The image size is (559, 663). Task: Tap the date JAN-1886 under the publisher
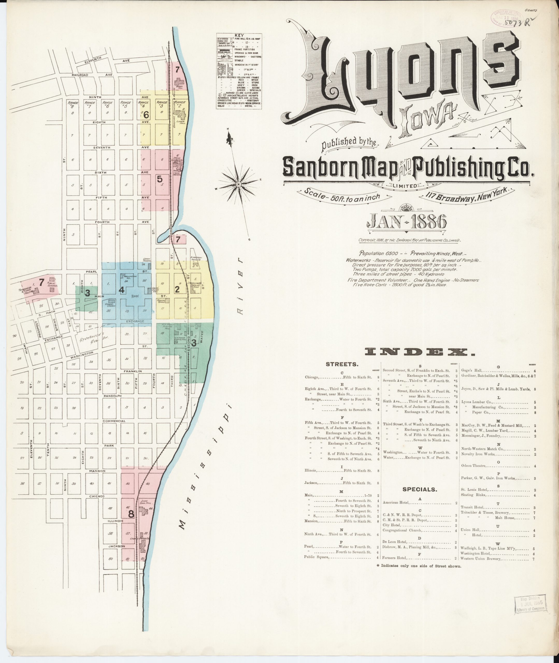point(407,222)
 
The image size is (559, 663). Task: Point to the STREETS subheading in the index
point(342,365)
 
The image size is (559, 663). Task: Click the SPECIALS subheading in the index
point(420,489)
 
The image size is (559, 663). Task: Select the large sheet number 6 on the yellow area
point(146,115)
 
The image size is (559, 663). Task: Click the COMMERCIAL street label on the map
point(114,421)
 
